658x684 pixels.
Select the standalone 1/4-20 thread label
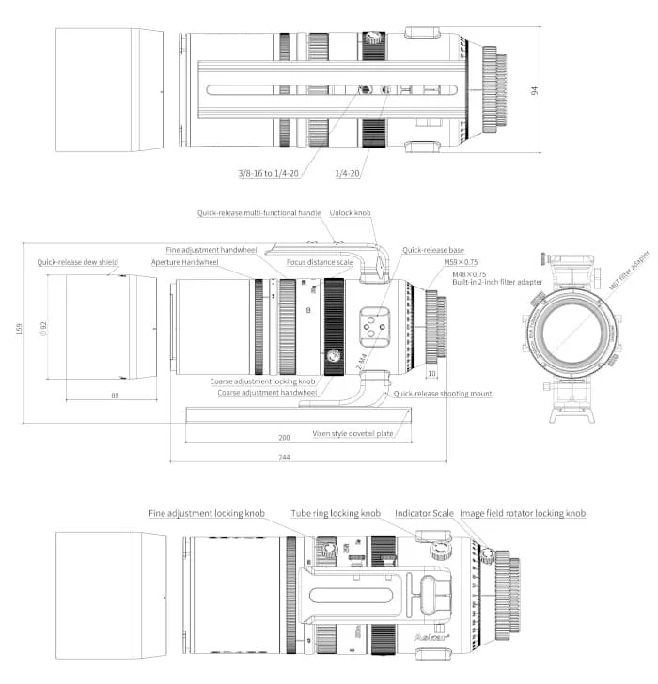point(348,173)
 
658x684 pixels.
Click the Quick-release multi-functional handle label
point(259,213)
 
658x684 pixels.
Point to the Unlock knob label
point(350,213)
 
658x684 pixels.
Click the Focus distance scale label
point(321,262)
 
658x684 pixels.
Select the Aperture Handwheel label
point(184,262)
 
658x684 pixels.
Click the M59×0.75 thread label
point(462,262)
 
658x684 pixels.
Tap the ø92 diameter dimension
point(41,328)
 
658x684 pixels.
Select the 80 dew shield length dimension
point(115,396)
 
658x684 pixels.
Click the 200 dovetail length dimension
point(284,439)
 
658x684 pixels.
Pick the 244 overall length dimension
point(284,458)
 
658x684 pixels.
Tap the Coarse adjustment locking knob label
point(262,381)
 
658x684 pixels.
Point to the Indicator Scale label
point(424,513)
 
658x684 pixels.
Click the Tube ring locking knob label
point(336,513)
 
